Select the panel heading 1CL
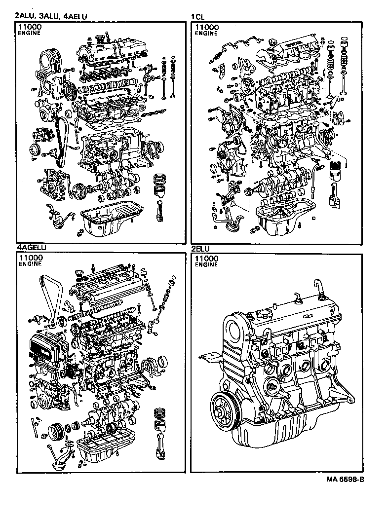coord(197,16)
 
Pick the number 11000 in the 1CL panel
coord(207,27)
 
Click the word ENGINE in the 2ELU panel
coord(206,264)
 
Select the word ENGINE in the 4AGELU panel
coord(30,264)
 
